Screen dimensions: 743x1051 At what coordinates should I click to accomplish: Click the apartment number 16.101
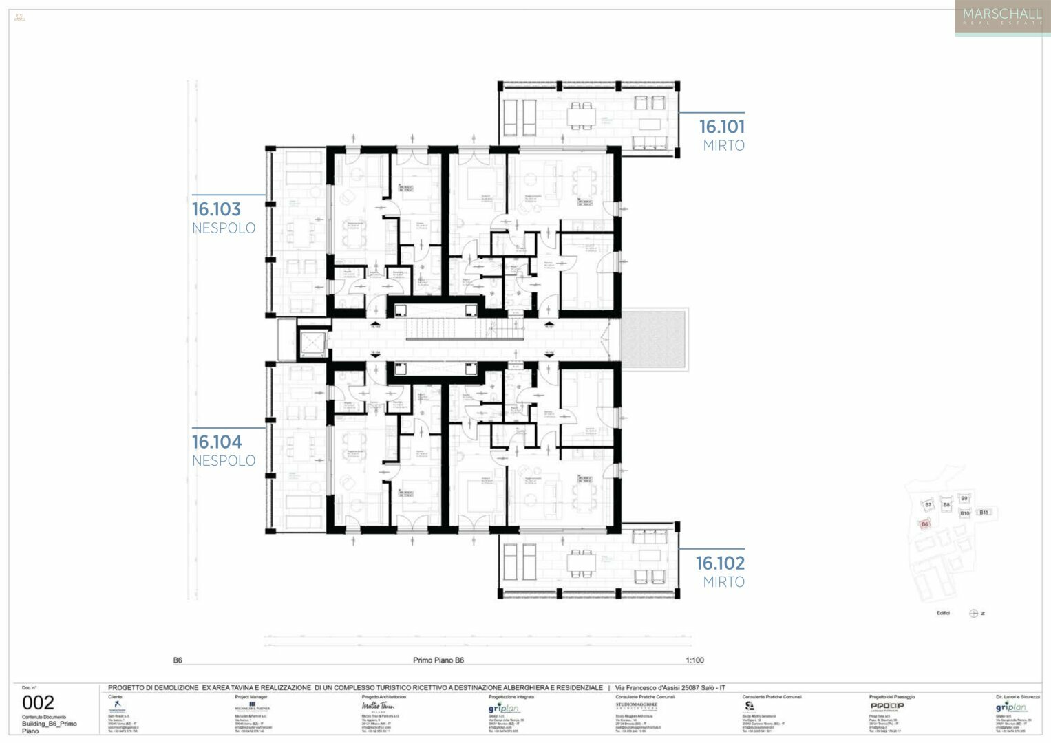coord(721,127)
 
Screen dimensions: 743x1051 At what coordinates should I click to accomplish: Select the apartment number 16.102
coord(719,563)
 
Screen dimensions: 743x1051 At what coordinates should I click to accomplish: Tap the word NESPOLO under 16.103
coord(224,228)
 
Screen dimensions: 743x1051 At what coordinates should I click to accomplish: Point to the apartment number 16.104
coord(217,442)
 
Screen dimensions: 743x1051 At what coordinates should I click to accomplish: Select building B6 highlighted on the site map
coord(924,524)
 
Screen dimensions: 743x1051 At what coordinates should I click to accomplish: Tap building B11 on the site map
coord(984,513)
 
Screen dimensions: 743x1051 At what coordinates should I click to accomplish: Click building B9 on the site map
coord(964,499)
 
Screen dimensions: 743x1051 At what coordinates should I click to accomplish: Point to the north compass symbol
coord(973,614)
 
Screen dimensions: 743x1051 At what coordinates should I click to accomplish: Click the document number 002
coord(38,702)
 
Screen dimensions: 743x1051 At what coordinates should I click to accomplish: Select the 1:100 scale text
coord(694,660)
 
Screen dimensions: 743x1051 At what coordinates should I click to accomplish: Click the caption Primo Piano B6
coord(438,660)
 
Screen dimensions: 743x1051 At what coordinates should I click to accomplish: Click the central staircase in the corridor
coord(461,330)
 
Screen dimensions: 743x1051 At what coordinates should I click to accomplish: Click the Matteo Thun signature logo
coord(377,707)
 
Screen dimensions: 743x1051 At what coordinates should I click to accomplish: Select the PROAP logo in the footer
coord(887,706)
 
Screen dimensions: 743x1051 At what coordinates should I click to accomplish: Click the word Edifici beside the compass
coord(943,614)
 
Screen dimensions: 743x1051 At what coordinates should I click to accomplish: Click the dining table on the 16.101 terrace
coord(582,115)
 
